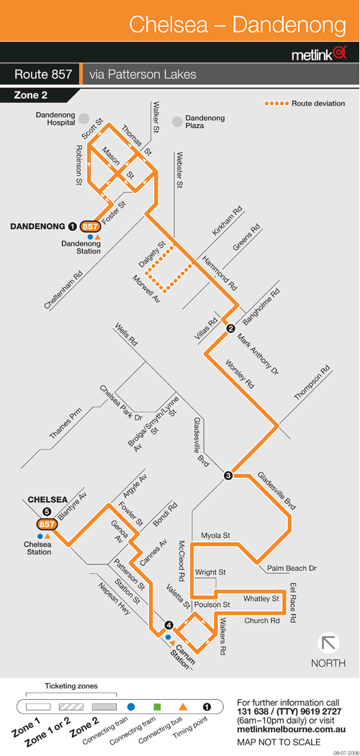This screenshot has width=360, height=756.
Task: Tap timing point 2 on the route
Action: tap(230, 329)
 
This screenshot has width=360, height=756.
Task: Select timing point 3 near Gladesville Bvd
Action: tap(228, 476)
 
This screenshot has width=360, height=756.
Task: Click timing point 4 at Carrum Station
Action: tap(168, 626)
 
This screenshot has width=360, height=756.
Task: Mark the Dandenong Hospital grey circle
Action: tap(84, 118)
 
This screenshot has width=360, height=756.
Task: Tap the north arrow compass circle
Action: tap(328, 643)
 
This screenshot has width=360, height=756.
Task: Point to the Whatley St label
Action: tap(261, 599)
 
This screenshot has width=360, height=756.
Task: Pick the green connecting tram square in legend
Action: tap(157, 707)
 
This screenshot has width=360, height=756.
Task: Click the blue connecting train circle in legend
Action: tap(130, 707)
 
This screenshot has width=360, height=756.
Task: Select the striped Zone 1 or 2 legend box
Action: tap(71, 707)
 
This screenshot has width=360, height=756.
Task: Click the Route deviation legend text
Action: tap(318, 103)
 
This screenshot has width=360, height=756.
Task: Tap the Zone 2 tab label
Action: tap(31, 96)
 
